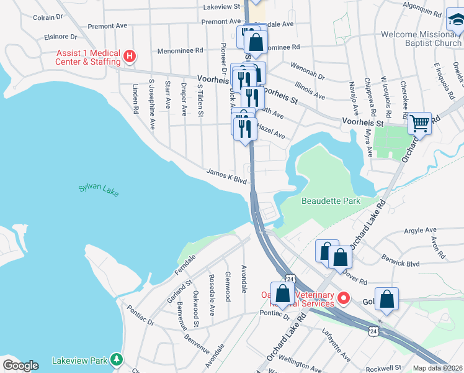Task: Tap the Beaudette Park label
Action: [331, 201]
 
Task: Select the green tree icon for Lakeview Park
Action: [115, 359]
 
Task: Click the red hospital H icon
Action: [130, 57]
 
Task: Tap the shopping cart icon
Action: [420, 124]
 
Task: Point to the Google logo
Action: [20, 365]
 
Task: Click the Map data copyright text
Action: [437, 368]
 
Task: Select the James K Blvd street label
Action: [226, 177]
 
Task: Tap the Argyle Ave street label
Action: [404, 231]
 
